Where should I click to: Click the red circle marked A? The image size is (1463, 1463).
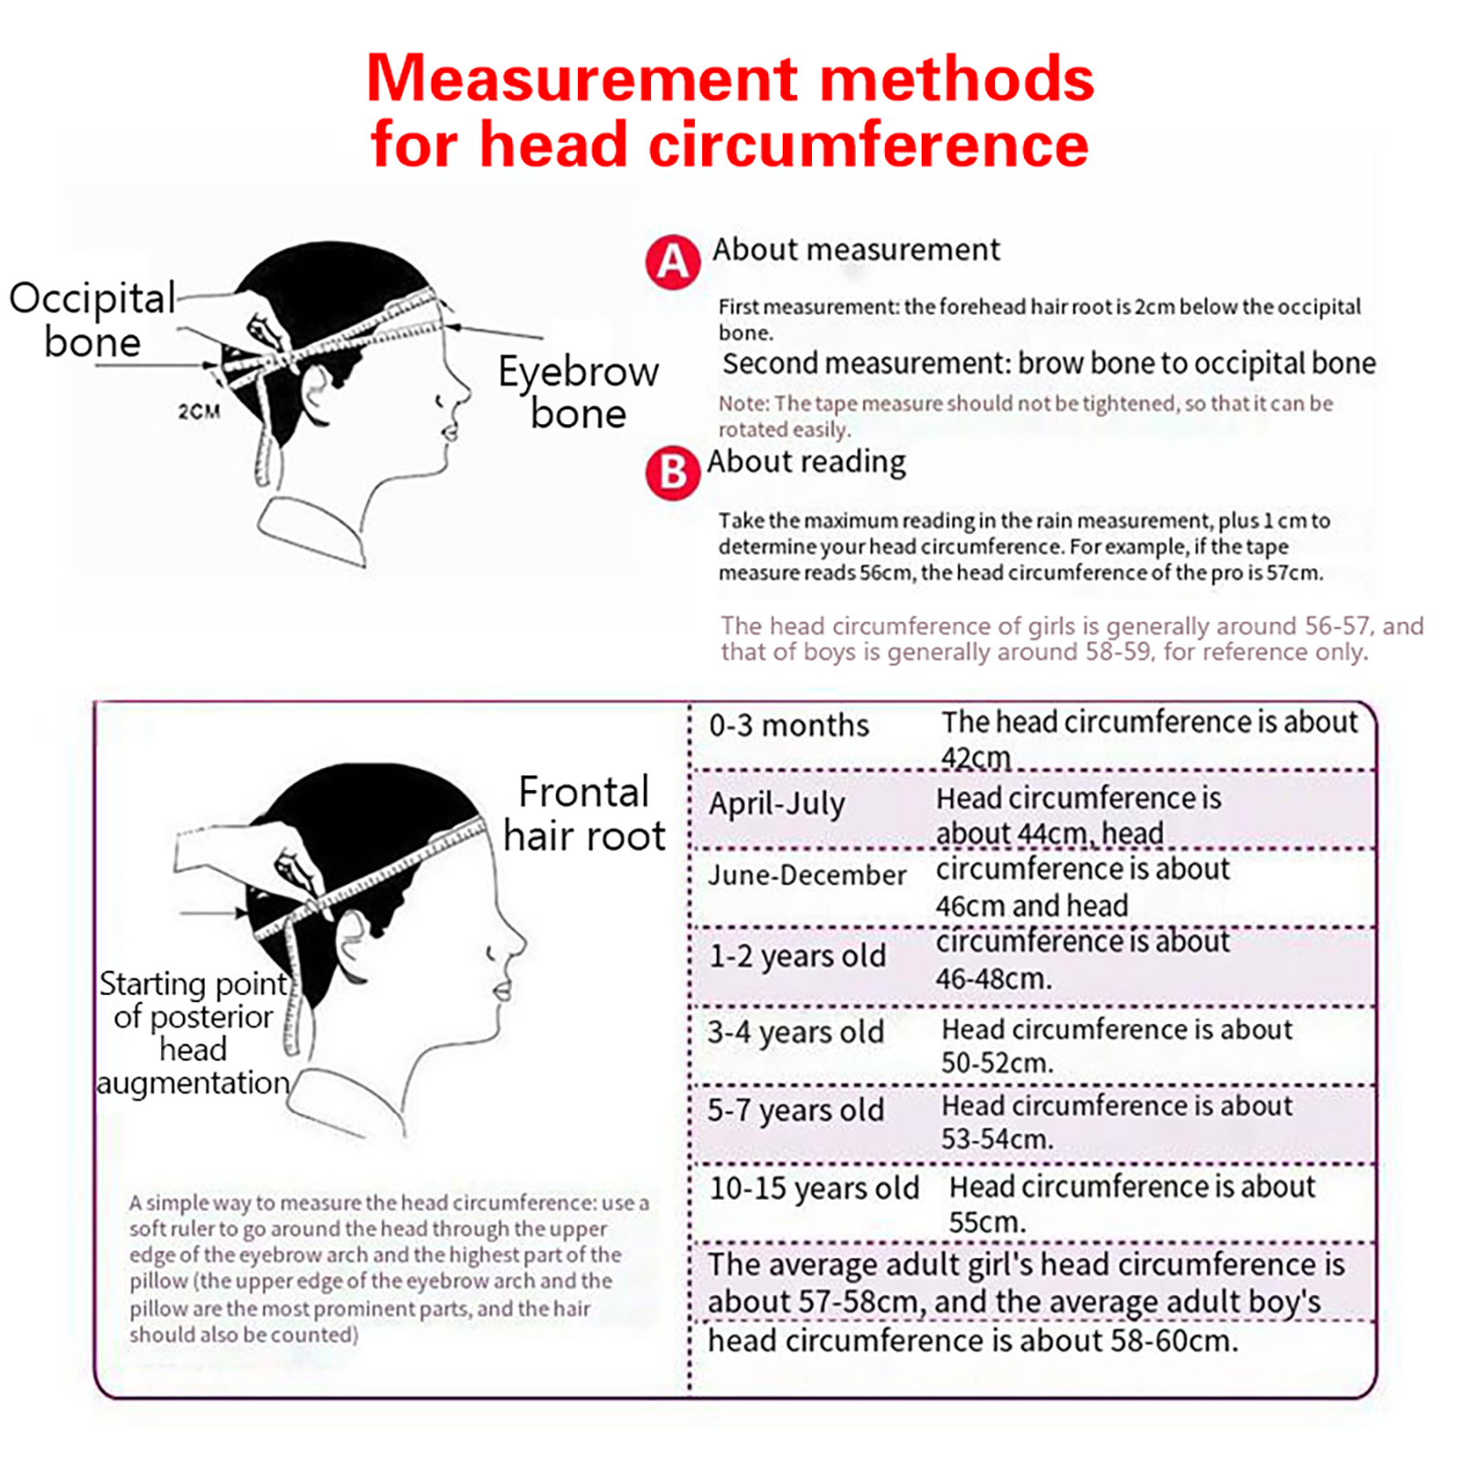(x=673, y=262)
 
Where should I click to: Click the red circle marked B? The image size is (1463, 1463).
(x=673, y=472)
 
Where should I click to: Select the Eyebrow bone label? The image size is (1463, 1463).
(x=578, y=391)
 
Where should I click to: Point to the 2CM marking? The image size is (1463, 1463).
(x=199, y=411)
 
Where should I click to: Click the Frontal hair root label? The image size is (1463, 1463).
(x=584, y=814)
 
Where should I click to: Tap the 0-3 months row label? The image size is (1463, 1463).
(x=789, y=726)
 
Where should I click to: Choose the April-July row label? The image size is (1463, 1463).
(x=777, y=805)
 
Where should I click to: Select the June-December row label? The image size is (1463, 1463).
(x=807, y=875)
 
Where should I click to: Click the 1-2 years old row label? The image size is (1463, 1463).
(x=797, y=956)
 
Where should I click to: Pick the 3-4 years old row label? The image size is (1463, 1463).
(x=796, y=1032)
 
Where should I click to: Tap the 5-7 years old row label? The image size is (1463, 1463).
(x=796, y=1110)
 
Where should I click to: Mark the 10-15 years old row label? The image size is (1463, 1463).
(x=814, y=1189)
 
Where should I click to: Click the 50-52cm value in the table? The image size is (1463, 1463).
(x=997, y=1063)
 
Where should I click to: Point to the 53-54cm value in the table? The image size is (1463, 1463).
(x=997, y=1139)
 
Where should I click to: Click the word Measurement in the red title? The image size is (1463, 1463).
(x=582, y=79)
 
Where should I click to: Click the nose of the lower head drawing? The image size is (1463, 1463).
(x=518, y=942)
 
